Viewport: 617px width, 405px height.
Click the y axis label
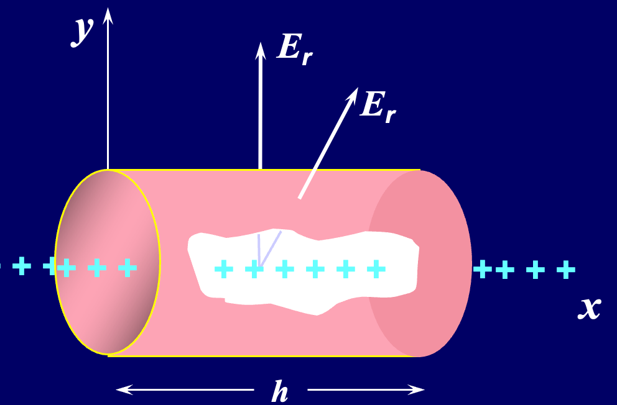click(82, 31)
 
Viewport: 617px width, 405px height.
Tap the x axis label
click(589, 307)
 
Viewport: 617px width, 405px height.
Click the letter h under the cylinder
click(281, 391)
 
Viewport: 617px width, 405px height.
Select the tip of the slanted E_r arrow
click(357, 89)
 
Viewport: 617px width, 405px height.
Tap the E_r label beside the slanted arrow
click(378, 107)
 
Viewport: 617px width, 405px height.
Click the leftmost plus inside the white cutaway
click(223, 269)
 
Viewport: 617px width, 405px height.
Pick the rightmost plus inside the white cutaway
click(376, 269)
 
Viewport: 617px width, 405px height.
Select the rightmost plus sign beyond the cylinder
click(565, 270)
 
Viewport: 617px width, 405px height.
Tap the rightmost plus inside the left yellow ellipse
click(128, 268)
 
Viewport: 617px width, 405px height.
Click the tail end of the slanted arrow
click(300, 198)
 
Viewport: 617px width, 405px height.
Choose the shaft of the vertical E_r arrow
click(261, 112)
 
